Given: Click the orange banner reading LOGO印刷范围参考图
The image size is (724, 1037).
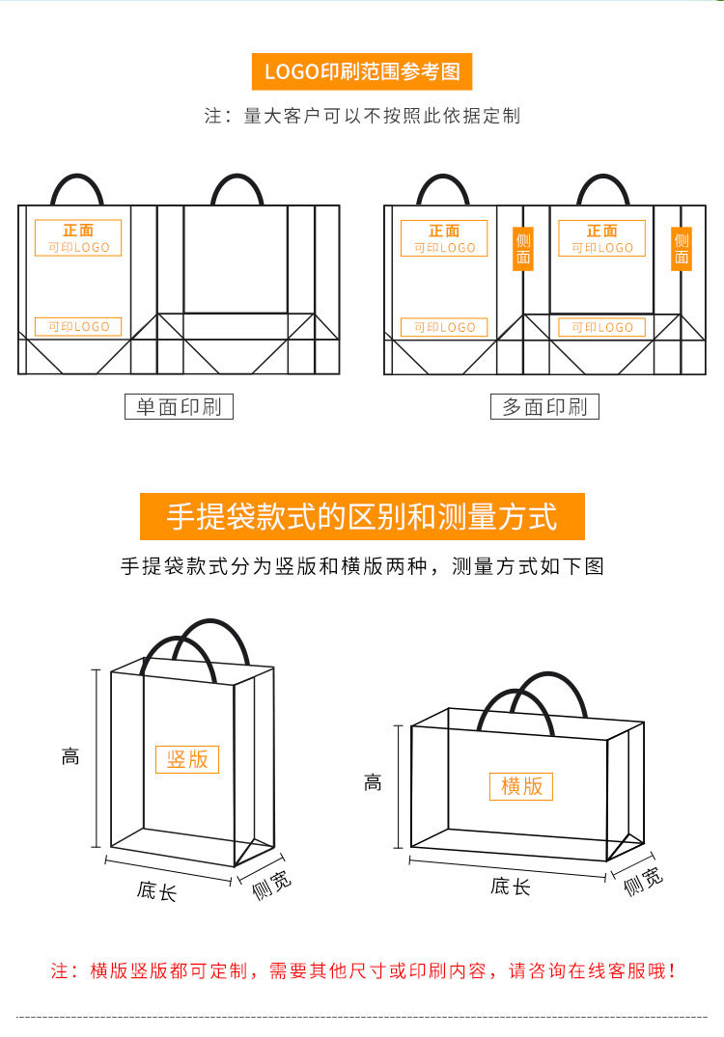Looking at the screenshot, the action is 362,72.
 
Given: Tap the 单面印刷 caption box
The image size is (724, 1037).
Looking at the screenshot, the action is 179,406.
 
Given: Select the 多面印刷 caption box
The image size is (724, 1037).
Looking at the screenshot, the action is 544,406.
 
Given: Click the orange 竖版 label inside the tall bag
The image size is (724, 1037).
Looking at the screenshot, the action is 187,758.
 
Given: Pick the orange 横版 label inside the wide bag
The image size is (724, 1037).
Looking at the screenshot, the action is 521,786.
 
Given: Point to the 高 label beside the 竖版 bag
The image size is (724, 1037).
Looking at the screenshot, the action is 70,757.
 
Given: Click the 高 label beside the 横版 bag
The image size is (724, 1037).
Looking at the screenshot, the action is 373,783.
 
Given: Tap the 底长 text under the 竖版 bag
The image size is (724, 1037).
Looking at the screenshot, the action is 156,889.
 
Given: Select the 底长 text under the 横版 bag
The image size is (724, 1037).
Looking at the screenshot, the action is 510,887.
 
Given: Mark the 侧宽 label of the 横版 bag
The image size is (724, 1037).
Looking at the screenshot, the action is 643,880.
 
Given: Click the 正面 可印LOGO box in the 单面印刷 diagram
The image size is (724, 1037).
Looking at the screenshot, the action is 78,238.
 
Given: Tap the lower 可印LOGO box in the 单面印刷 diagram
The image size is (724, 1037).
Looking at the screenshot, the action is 78,327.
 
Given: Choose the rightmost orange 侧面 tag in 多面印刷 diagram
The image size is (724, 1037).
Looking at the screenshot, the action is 682,249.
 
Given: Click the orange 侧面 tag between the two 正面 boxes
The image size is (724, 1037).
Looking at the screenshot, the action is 523,249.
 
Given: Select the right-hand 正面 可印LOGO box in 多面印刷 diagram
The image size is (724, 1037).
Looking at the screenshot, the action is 601,238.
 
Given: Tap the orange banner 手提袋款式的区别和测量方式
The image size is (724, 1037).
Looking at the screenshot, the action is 362,516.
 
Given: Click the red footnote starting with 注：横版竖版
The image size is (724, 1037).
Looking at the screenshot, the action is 362,970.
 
